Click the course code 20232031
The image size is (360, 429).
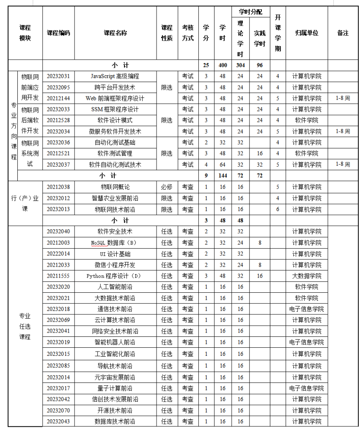pos(58,76)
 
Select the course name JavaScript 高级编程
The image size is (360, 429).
pos(115,76)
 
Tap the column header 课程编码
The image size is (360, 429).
pos(58,33)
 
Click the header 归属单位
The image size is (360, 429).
pos(307,33)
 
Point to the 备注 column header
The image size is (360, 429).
pos(343,33)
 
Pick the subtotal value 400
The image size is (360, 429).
pos(223,65)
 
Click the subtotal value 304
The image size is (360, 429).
pos(240,65)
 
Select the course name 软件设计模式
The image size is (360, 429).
pos(115,120)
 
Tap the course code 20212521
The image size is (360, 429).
pos(58,153)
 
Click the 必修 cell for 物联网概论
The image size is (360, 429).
pos(167,187)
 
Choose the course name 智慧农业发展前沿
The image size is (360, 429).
pos(115,198)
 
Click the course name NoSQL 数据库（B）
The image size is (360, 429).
pos(115,243)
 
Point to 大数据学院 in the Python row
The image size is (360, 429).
pos(307,276)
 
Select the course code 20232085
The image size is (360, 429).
pos(58,366)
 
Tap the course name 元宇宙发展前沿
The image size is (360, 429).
pos(115,377)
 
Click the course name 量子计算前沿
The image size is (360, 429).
pos(115,388)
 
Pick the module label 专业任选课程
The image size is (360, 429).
pos(25,326)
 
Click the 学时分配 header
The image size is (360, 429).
pos(250,12)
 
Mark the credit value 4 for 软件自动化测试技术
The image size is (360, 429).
pos(206,164)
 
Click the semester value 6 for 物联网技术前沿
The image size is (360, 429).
pos(278,209)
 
